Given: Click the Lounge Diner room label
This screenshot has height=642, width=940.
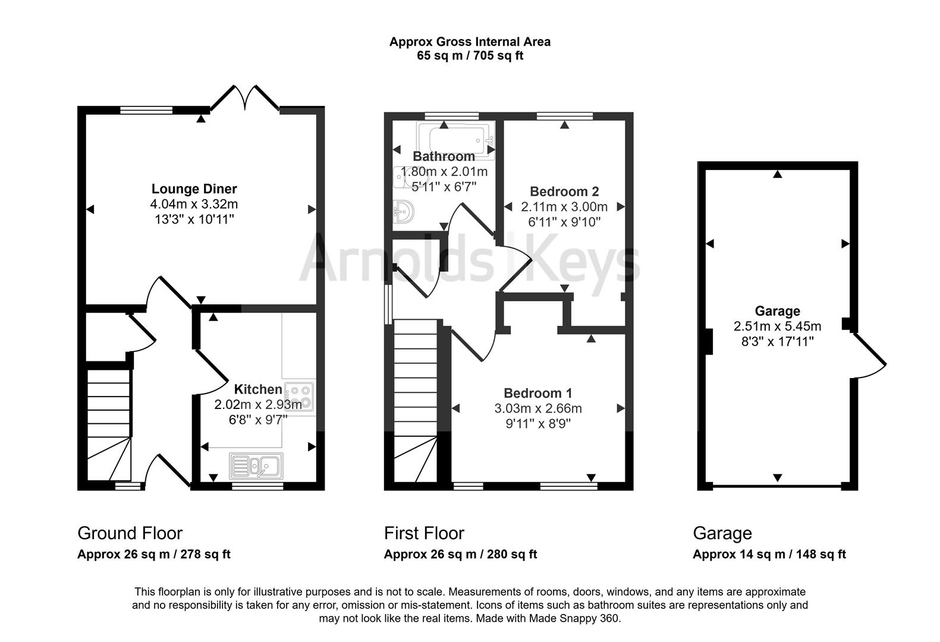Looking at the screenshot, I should coord(194,189).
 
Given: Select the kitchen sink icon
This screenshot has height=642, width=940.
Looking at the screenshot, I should coord(256,465).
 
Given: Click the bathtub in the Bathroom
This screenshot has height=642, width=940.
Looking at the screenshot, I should coord(455,139).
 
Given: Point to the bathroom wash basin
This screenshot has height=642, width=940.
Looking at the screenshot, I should coord(405,212).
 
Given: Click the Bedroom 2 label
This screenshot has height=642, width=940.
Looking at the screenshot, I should coord(564,191).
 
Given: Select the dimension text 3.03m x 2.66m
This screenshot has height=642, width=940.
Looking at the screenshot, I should coord(537,408).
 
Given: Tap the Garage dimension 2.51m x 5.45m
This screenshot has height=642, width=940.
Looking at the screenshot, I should coord(777,326).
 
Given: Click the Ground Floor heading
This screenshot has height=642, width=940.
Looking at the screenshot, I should coord(130,533).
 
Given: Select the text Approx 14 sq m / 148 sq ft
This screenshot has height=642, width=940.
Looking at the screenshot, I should coord(769,555).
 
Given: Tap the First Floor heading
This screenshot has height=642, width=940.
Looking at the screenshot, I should coord(423,533).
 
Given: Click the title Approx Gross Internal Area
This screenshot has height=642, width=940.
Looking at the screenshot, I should coord(470,42).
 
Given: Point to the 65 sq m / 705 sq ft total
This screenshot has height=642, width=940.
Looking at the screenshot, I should coord(470,56).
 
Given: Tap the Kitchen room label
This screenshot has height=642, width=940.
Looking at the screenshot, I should coord(257,389).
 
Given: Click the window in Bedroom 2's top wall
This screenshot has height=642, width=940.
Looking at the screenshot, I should coord(564,116).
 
